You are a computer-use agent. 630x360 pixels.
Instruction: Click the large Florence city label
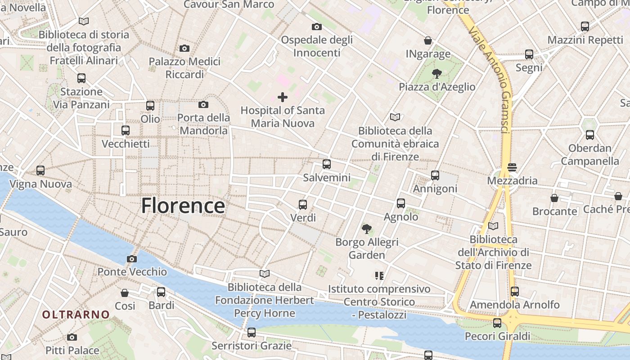click(x=183, y=206)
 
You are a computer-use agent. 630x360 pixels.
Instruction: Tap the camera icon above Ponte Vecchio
click(x=132, y=259)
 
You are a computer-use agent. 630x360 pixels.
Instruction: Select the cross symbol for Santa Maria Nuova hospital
click(x=283, y=97)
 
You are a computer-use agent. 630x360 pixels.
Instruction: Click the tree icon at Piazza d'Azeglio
click(x=436, y=73)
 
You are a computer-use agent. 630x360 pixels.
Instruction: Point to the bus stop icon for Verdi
click(x=303, y=205)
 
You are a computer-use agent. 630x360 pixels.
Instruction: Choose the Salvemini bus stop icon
click(x=327, y=164)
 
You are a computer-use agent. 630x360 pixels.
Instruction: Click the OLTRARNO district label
click(x=76, y=315)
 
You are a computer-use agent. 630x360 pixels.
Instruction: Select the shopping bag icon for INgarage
click(x=428, y=41)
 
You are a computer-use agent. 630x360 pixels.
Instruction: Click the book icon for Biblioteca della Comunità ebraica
click(x=395, y=117)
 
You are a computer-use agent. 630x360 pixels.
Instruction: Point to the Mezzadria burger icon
click(x=512, y=167)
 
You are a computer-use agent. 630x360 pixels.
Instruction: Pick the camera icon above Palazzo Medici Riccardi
click(x=184, y=48)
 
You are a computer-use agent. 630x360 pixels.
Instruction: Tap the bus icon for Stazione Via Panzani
click(x=81, y=78)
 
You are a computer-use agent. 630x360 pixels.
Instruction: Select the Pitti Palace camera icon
click(x=72, y=337)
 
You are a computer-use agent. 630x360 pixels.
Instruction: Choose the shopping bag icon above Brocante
click(x=554, y=198)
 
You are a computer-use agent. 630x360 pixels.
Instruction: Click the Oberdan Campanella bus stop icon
click(x=589, y=135)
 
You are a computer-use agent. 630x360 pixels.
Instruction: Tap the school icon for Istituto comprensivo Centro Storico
click(x=379, y=275)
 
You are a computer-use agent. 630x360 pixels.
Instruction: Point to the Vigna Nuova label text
click(x=40, y=184)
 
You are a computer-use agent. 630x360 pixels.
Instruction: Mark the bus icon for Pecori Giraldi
click(x=497, y=323)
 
